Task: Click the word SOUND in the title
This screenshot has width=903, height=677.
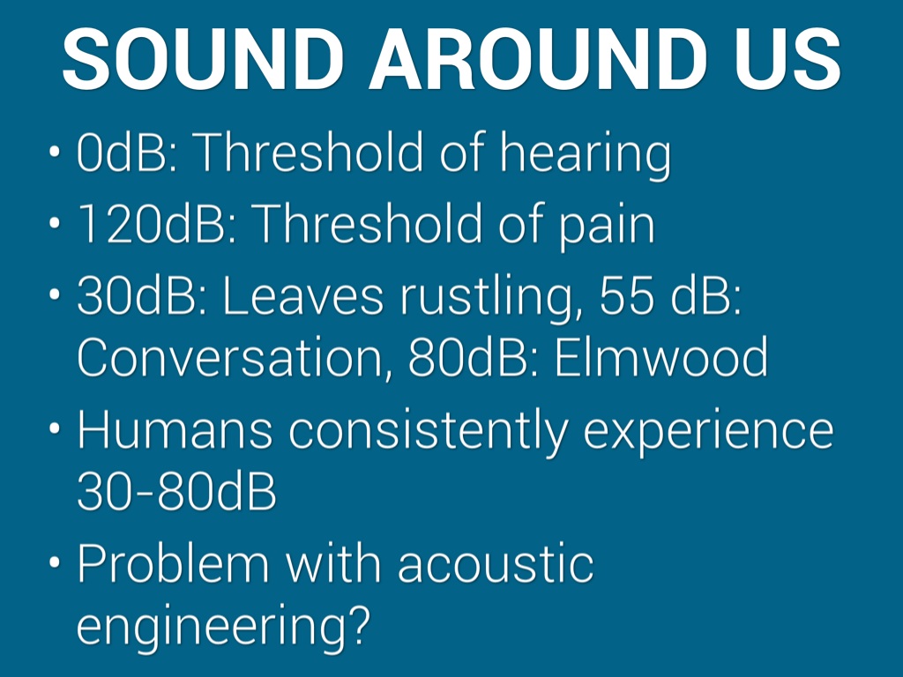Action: (x=203, y=59)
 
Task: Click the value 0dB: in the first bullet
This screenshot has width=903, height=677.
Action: (x=128, y=152)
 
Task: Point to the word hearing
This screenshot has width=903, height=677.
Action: (x=586, y=155)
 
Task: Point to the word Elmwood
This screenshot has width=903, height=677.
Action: (x=661, y=357)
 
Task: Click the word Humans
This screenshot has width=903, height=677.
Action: (x=175, y=429)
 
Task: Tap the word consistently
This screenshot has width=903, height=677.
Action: (x=429, y=432)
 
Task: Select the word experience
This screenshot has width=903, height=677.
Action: (x=709, y=433)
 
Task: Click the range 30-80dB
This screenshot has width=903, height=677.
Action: (x=176, y=492)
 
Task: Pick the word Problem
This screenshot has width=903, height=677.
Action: (x=173, y=563)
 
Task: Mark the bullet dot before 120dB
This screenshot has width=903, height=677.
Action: (x=55, y=221)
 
